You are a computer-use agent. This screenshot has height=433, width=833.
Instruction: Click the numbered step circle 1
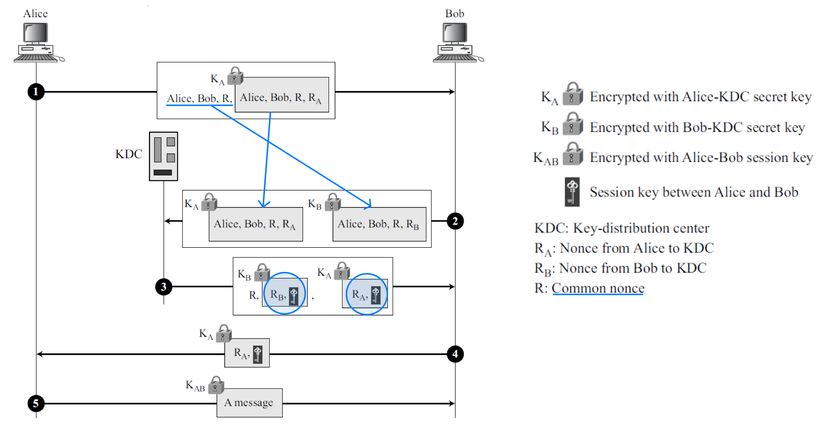(36, 92)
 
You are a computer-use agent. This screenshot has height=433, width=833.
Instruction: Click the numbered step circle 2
(455, 221)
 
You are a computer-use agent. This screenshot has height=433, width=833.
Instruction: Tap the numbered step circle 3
(164, 287)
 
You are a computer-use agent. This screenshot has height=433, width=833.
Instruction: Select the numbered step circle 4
(455, 354)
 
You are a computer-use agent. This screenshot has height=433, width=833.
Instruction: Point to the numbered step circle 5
(36, 404)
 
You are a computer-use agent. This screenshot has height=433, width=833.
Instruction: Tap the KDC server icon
(163, 156)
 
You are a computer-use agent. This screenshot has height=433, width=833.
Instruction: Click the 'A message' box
(249, 403)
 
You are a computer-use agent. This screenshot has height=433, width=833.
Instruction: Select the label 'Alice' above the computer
(36, 13)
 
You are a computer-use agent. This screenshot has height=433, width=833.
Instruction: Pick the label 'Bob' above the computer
(455, 13)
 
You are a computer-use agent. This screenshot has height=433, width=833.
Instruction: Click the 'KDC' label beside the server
(129, 154)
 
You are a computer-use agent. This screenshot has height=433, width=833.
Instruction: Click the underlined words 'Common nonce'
(598, 288)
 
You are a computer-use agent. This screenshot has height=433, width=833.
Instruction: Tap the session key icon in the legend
(572, 192)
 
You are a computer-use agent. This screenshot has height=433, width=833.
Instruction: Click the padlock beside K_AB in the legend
(572, 154)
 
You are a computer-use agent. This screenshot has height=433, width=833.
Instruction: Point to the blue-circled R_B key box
(284, 294)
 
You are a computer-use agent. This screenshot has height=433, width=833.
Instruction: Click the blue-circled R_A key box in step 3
(366, 294)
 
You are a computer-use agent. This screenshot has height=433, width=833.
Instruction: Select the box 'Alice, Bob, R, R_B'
(379, 224)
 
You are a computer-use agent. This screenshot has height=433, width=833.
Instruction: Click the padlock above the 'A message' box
(216, 385)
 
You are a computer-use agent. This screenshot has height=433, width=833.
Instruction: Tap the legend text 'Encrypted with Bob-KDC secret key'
(697, 127)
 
